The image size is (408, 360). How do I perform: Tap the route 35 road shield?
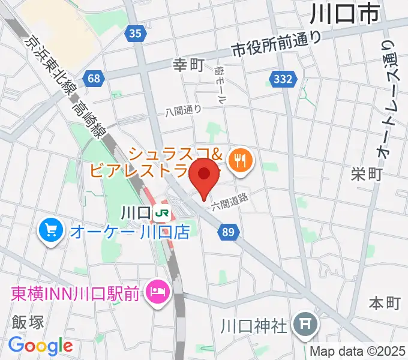point(136,34)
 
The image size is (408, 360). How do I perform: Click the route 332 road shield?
point(282,79)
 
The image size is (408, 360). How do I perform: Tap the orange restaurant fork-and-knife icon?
point(241,160)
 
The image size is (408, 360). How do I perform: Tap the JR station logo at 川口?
point(161,212)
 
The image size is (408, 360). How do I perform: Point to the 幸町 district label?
point(189,64)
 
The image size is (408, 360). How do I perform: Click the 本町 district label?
point(384,302)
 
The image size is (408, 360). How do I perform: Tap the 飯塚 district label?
point(28,322)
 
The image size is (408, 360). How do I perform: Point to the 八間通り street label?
point(184,110)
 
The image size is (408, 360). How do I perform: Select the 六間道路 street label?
point(229,200)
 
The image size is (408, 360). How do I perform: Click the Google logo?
point(40,346)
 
